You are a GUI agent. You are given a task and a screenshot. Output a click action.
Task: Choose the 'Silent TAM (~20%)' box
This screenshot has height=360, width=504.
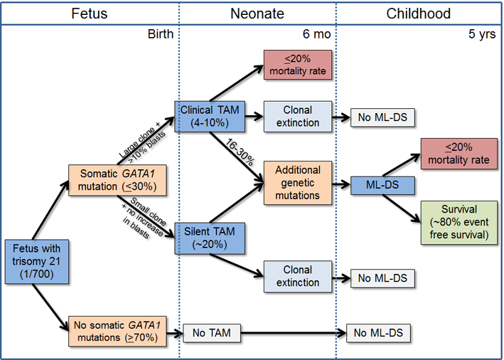[x=210, y=237]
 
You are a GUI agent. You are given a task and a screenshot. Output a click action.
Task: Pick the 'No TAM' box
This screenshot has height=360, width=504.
[x=212, y=332]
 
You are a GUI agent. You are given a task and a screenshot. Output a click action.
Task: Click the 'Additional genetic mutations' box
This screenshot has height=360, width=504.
[x=297, y=181]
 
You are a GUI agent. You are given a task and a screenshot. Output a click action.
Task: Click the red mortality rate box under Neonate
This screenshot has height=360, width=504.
[x=297, y=65]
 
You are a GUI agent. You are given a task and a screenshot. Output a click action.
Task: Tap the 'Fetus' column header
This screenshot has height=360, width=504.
[x=89, y=14]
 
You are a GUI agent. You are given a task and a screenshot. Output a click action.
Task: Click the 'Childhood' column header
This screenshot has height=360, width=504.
[x=418, y=14]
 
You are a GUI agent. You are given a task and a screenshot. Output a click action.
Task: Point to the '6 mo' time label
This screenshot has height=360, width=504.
[x=316, y=34]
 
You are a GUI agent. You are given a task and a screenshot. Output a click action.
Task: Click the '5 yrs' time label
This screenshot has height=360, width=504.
[x=484, y=34]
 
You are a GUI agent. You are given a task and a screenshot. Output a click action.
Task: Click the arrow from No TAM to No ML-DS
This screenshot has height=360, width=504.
[x=291, y=332]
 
